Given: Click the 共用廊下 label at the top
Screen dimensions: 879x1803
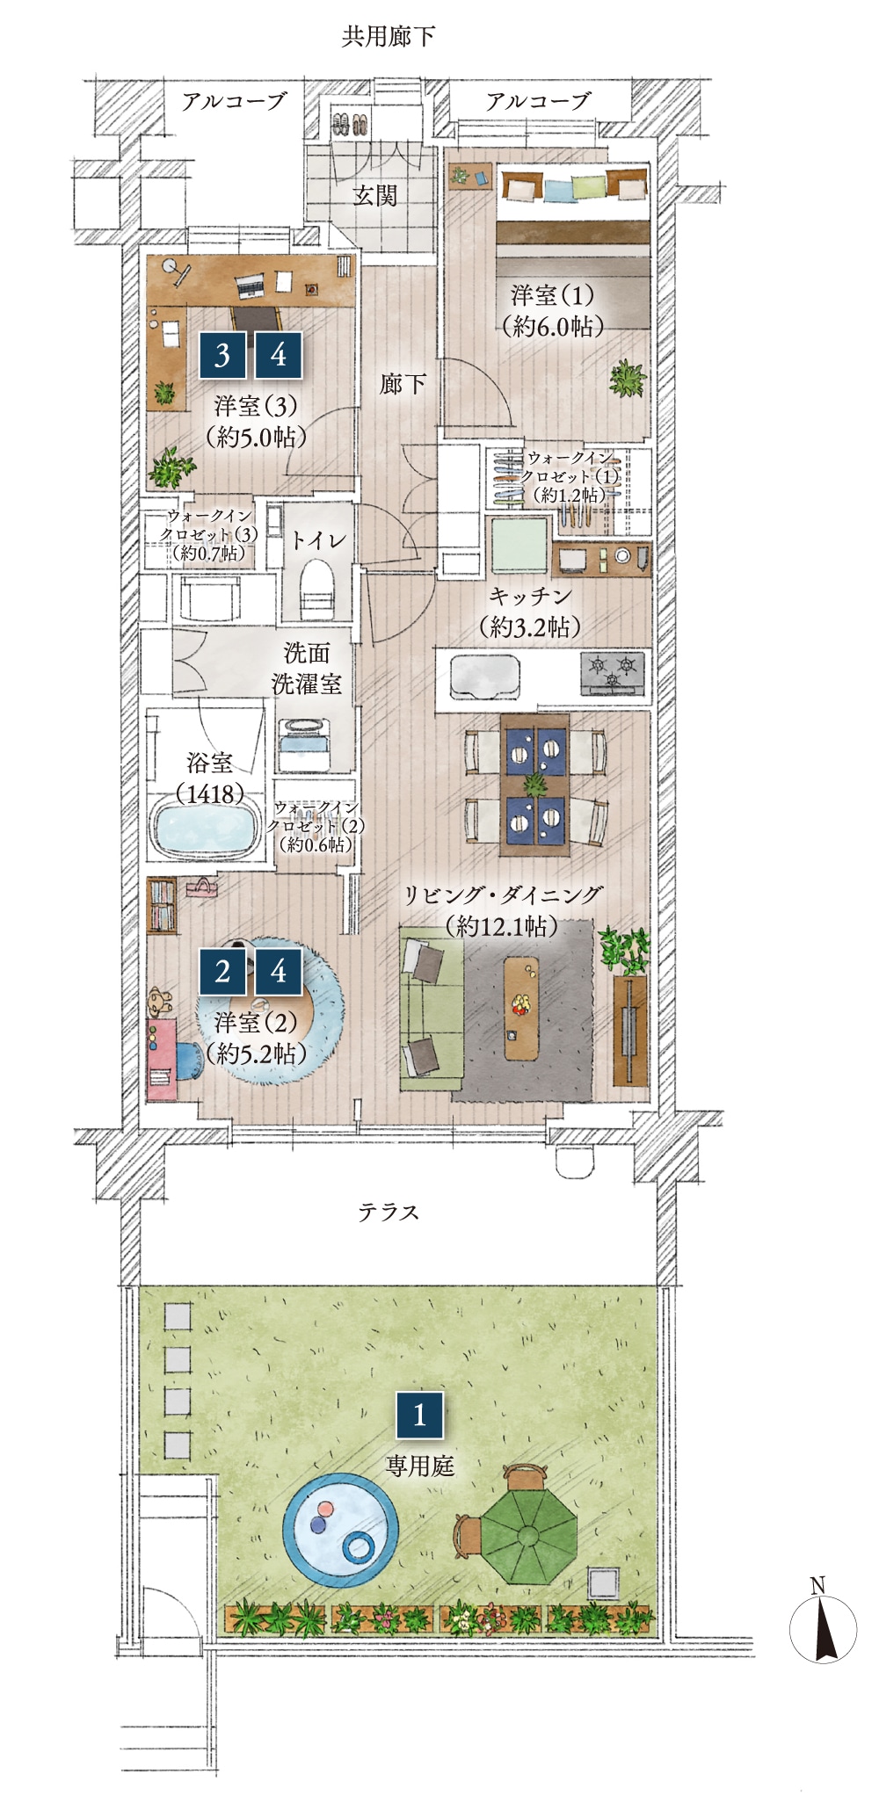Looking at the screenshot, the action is (x=388, y=36).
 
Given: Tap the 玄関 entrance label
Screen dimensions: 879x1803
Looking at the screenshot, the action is (x=375, y=195).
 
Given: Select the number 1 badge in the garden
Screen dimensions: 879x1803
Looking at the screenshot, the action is (x=419, y=1414).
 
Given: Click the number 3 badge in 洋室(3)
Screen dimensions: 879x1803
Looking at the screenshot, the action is (x=222, y=355).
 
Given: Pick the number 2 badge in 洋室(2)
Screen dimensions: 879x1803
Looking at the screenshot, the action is (x=222, y=971).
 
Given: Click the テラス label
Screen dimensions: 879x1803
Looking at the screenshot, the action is (x=388, y=1212).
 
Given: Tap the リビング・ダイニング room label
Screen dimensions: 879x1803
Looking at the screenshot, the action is (x=503, y=894).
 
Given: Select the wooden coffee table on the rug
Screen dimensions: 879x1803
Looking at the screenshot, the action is (x=523, y=1008).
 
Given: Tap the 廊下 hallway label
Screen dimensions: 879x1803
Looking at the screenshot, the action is (x=403, y=383).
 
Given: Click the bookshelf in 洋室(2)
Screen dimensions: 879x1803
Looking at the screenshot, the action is (x=163, y=905).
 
